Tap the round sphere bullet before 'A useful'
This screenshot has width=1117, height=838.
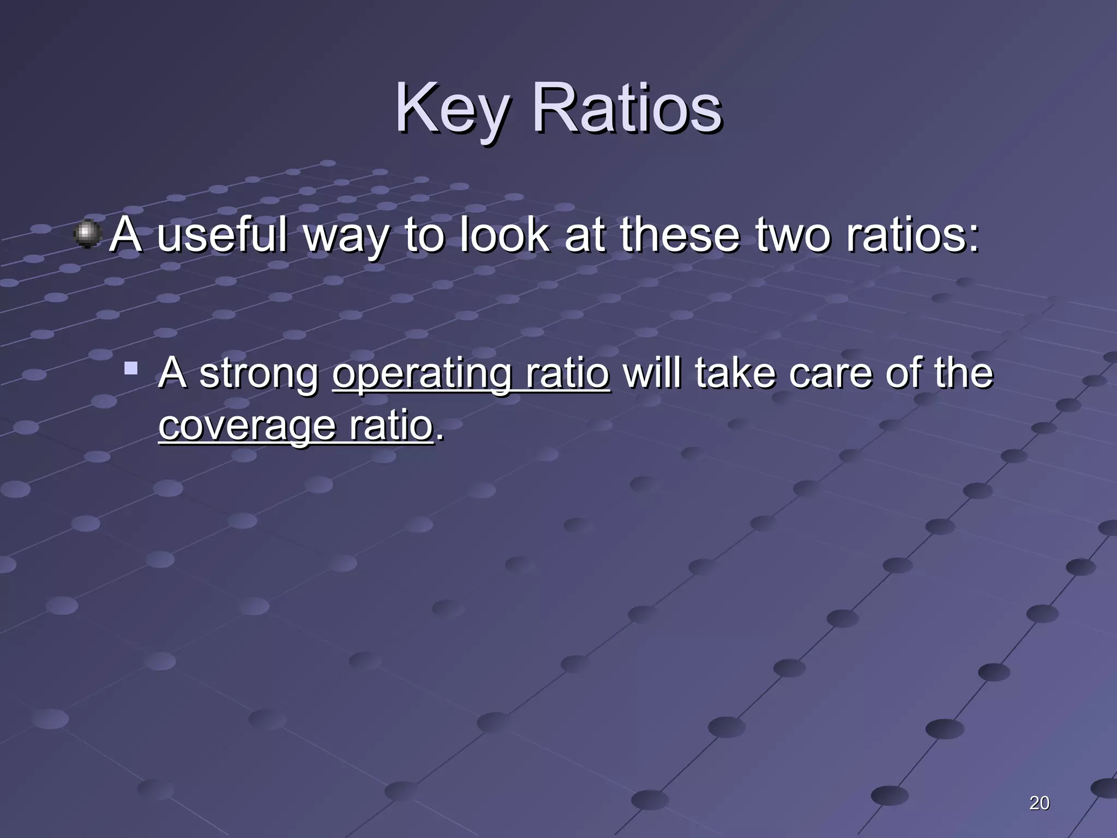[x=87, y=235]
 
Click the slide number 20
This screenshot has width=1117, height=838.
[x=1039, y=803]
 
